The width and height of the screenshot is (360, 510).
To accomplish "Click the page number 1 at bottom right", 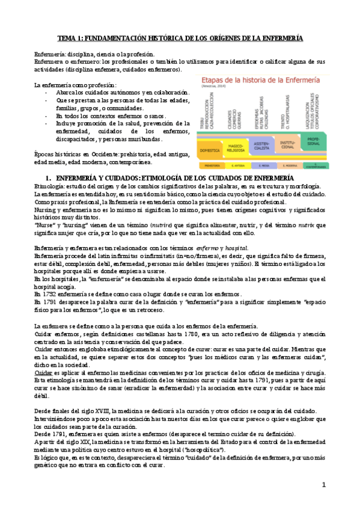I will pyautogui.click(x=324, y=484).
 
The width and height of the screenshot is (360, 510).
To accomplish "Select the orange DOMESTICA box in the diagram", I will pyautogui.click(x=210, y=150).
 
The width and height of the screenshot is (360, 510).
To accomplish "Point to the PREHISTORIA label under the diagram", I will pyautogui.click(x=210, y=164).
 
